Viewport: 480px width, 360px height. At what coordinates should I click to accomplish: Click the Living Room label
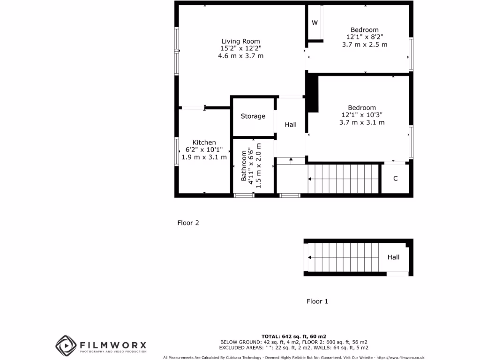[x=240, y=41]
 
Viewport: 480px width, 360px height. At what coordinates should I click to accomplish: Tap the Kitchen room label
[x=204, y=142]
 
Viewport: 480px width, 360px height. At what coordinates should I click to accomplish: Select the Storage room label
[x=253, y=116]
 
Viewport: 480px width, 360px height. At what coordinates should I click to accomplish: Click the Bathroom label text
[x=244, y=166]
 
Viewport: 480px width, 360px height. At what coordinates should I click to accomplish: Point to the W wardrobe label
[x=315, y=23]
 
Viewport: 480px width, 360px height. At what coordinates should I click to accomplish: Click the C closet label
[x=395, y=179]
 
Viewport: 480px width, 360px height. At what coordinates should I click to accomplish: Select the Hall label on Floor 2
[x=291, y=125]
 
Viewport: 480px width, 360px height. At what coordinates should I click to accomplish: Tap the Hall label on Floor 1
[x=393, y=257]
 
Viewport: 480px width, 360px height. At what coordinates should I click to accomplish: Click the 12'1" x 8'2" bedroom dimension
[x=365, y=37]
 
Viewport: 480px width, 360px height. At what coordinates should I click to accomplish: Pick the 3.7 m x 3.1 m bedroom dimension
[x=362, y=122]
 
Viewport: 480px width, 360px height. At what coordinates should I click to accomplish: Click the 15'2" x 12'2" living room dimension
[x=240, y=48]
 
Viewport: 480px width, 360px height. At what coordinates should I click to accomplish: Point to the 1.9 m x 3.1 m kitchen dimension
[x=204, y=157]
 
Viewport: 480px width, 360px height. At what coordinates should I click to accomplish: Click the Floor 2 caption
[x=188, y=223]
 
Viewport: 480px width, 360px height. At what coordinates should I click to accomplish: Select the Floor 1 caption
[x=317, y=301]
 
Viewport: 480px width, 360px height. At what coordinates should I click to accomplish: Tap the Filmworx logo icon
[x=66, y=345]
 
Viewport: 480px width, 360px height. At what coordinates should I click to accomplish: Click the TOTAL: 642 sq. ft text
[x=293, y=336]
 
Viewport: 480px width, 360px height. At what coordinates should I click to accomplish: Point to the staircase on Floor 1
[x=345, y=257]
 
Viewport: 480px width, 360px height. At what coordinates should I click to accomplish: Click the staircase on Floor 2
[x=343, y=178]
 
